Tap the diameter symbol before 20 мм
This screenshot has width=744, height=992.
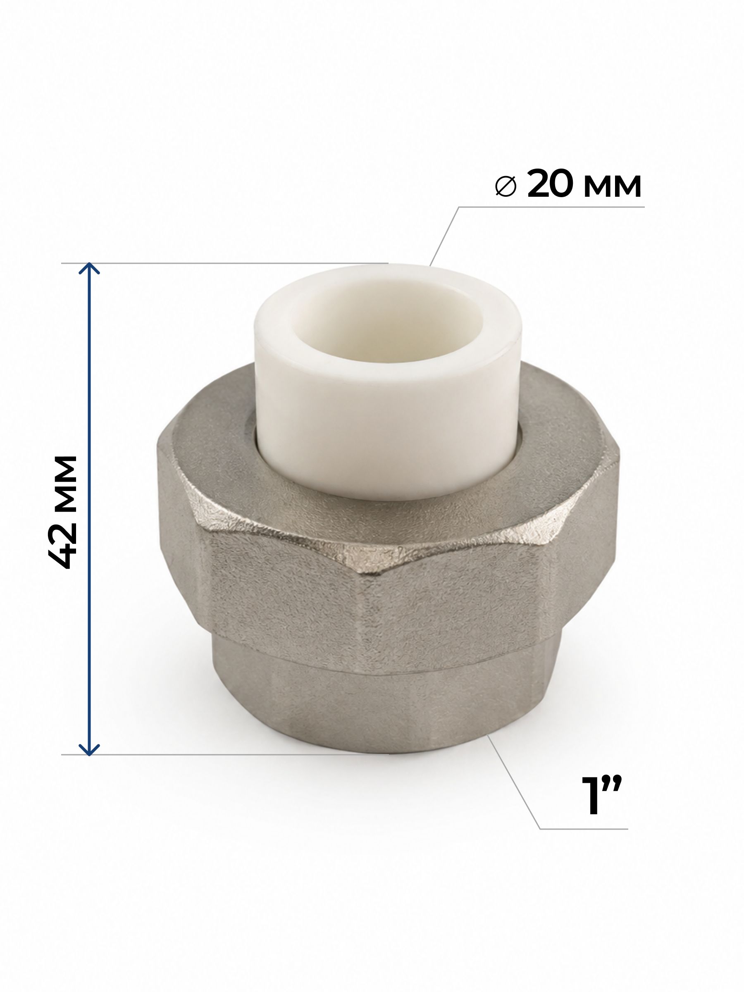[506, 186]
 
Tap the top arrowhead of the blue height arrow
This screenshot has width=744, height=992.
[89, 269]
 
